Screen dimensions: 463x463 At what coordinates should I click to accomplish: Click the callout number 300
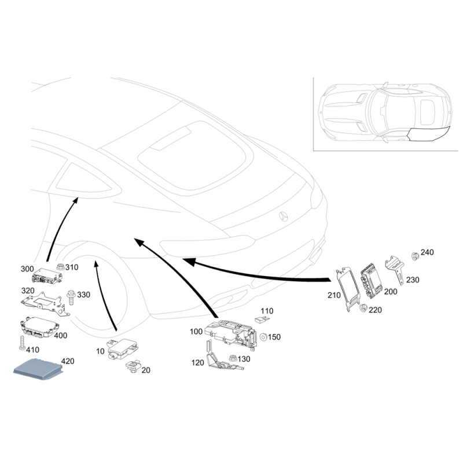(x=27, y=269)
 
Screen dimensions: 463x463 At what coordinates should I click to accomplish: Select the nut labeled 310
(x=60, y=268)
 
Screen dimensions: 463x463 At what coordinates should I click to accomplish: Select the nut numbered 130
(x=233, y=359)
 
